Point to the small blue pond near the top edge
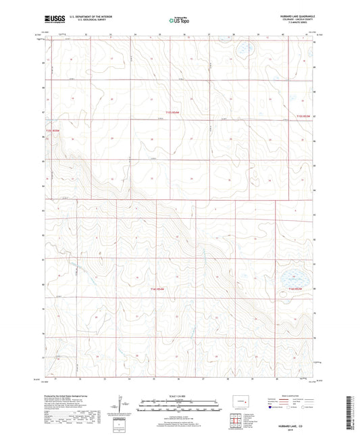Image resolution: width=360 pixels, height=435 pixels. coord(243,49)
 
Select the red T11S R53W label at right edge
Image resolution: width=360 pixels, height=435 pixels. coord(302,116)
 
